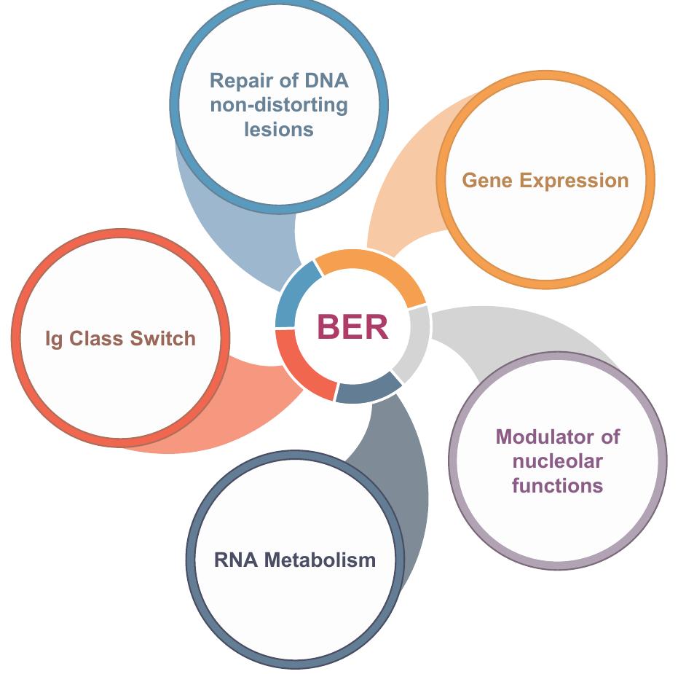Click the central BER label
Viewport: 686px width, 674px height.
(x=352, y=327)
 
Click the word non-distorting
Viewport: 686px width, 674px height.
(x=279, y=104)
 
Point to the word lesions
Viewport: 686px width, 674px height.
(x=279, y=129)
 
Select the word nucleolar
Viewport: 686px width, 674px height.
(x=558, y=461)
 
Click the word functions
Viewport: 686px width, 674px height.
(x=558, y=485)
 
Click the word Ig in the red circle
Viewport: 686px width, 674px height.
(x=54, y=339)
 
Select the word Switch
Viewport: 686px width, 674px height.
(x=166, y=339)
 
